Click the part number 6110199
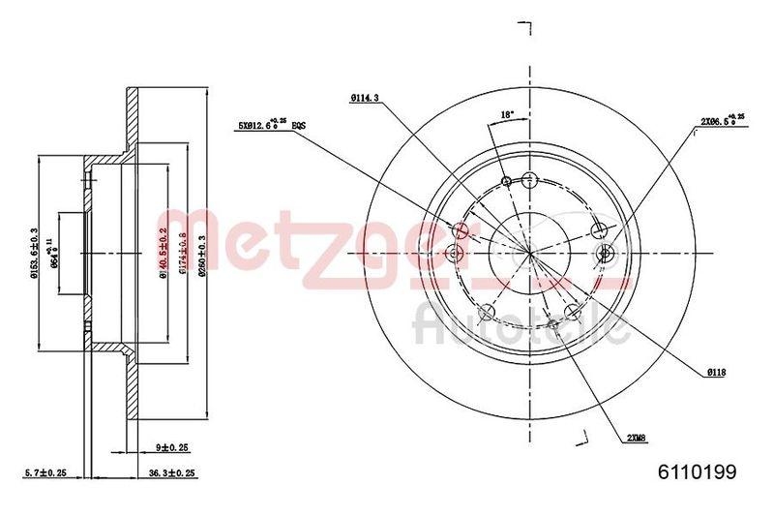[x=699, y=472]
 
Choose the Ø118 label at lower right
[x=716, y=375]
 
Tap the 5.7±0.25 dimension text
[x=45, y=472]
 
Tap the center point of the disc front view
[x=530, y=252]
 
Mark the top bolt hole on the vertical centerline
[x=528, y=178]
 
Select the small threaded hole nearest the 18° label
[x=506, y=181]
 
